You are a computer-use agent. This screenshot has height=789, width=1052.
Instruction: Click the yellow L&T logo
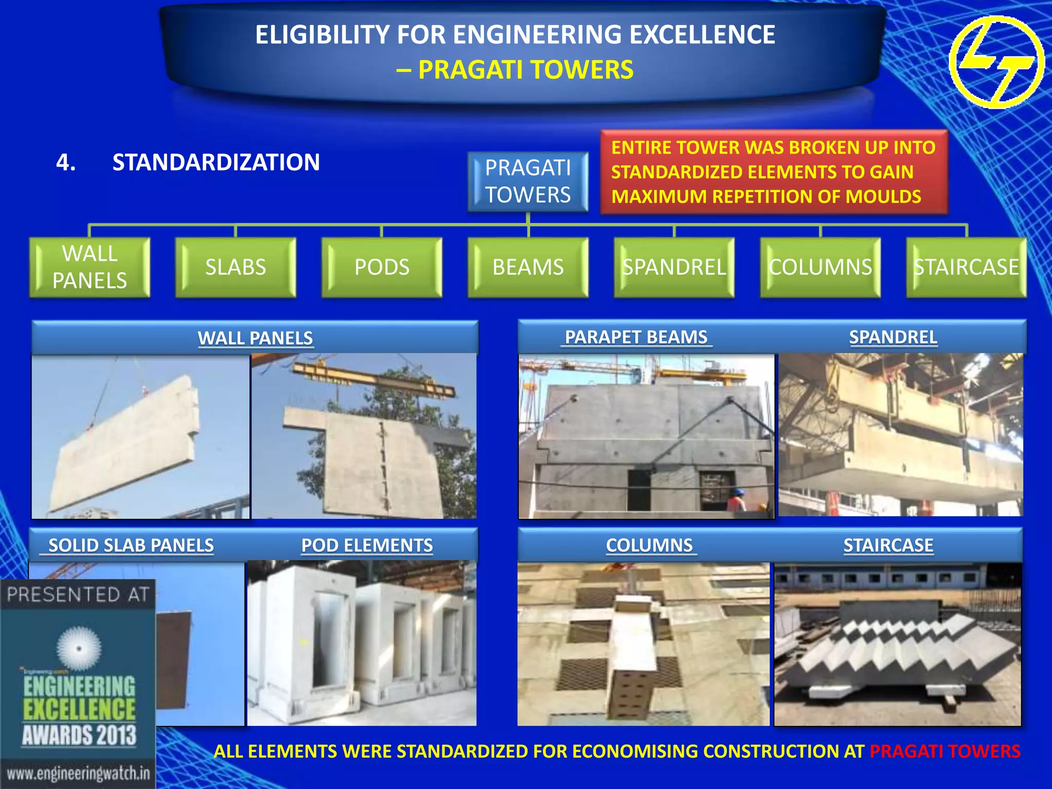997,62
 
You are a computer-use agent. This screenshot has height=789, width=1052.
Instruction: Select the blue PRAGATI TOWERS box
528,181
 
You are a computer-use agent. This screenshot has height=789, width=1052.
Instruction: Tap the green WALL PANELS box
90,267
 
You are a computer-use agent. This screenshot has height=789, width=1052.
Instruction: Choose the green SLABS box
236,267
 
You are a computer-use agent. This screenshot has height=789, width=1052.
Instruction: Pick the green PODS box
382,267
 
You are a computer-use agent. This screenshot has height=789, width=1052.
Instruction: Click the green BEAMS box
528,267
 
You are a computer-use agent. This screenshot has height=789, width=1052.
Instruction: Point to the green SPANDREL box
674,267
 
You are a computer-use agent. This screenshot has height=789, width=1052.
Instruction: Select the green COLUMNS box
820,267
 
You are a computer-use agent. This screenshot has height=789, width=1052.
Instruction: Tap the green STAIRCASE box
966,267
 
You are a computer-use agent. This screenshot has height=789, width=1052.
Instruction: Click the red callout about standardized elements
774,172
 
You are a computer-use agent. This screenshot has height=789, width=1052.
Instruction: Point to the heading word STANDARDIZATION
216,162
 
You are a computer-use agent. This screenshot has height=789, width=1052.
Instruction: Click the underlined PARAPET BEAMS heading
636,337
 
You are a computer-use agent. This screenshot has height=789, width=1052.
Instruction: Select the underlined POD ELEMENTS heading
367,546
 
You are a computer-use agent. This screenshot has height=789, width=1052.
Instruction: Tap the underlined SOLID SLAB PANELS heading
130,546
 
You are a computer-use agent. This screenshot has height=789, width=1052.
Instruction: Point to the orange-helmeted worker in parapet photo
738,498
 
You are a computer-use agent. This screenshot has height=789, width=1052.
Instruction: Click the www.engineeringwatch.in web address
78,773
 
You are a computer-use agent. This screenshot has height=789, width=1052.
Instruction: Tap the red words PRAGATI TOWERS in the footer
945,752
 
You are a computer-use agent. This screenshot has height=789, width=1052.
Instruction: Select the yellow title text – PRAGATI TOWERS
515,70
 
